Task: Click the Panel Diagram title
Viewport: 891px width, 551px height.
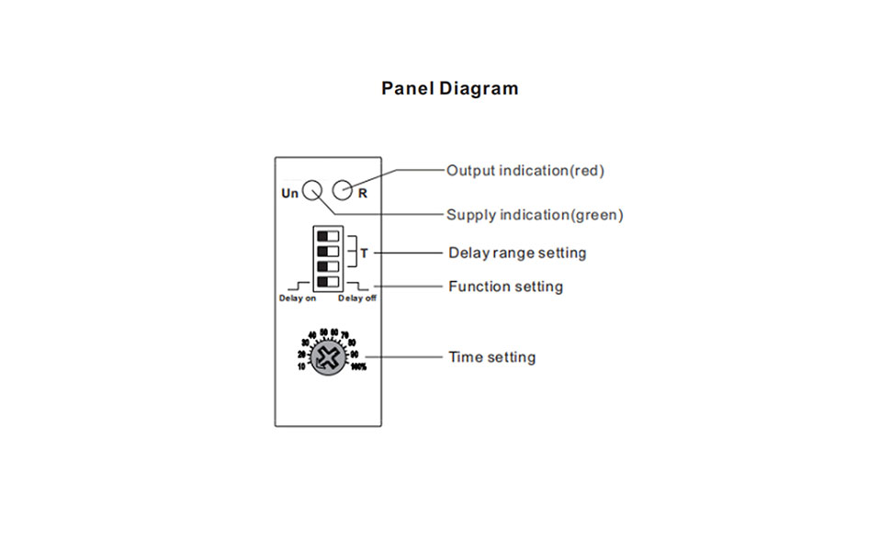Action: [450, 89]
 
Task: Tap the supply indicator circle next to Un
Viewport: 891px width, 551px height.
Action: [311, 190]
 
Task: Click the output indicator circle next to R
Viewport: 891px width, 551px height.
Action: [343, 190]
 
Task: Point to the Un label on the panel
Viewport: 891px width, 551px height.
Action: [289, 193]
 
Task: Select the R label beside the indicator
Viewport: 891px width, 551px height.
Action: [363, 193]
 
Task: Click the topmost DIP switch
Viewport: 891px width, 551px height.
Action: [328, 235]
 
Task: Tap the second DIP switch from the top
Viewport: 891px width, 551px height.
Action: [328, 250]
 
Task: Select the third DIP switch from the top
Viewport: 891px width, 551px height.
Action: [328, 265]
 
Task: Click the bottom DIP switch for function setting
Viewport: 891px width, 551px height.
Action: [328, 281]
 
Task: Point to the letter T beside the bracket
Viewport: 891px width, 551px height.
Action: [364, 252]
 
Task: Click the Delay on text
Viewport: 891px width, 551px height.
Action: [297, 298]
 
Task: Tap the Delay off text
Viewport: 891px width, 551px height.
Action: [357, 298]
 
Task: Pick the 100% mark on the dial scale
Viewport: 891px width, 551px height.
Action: [358, 367]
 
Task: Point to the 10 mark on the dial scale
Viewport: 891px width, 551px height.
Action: [301, 366]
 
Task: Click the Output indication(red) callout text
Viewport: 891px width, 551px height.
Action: [525, 170]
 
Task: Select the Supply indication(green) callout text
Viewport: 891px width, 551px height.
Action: [535, 215]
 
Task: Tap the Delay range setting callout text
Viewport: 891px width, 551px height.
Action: [517, 253]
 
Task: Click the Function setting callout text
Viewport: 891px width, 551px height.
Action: [505, 287]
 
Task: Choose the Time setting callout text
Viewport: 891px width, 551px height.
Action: [491, 356]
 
